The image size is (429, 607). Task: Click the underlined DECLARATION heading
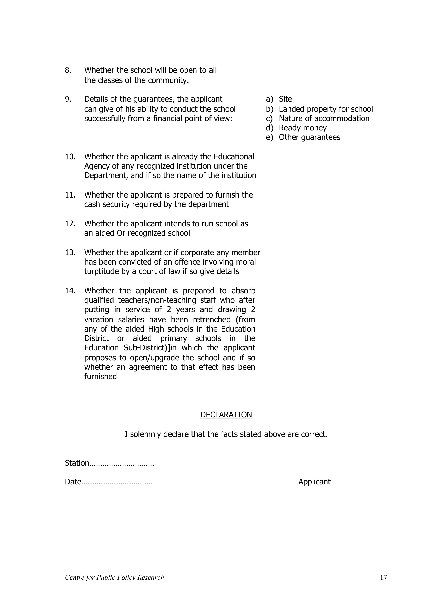pos(226,415)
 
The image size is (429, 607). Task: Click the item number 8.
pos(68,70)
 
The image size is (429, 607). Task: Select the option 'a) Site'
pos(279,99)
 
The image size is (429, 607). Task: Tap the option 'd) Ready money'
pos(296,128)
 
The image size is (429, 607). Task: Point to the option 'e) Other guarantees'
pos(303,137)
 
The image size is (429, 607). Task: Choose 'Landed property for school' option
pos(326,109)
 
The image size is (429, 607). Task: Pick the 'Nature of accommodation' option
pos(324,118)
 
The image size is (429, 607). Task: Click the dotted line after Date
pos(117,482)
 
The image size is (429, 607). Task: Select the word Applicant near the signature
pos(314,482)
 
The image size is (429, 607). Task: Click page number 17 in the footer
pos(384,577)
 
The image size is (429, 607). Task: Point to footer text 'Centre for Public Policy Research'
pos(114,577)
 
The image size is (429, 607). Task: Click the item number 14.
pos(70,291)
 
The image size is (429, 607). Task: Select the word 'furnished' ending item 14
pos(101,376)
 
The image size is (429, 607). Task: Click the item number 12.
pos(70,224)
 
